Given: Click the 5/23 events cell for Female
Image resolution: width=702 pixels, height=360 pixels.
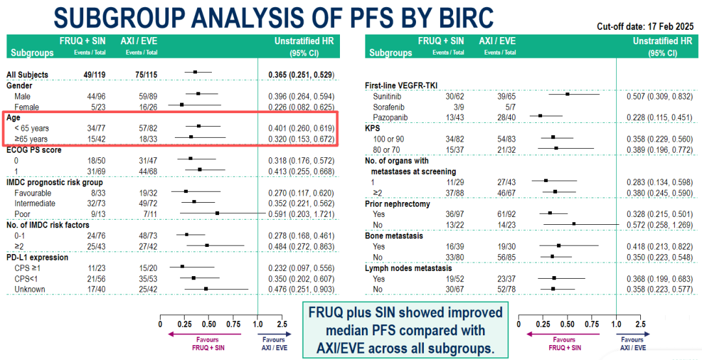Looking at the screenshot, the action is pos(96,107).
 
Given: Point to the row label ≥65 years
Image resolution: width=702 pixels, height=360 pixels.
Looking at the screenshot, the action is pos(32,139).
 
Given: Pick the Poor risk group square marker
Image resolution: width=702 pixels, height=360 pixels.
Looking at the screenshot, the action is pos(217,213).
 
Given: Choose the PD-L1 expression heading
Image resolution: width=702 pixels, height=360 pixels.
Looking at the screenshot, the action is pos(37,257).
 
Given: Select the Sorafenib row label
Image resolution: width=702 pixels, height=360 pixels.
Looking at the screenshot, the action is pos(387,107).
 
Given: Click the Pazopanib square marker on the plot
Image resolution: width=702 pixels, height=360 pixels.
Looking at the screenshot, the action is pos(540,116).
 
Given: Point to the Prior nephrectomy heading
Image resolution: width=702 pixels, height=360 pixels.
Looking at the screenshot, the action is pos(398,204).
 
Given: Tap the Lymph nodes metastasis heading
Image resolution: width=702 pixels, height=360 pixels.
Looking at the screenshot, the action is pos(409,268).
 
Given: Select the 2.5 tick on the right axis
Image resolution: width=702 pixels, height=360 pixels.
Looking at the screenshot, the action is pos(641,324).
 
